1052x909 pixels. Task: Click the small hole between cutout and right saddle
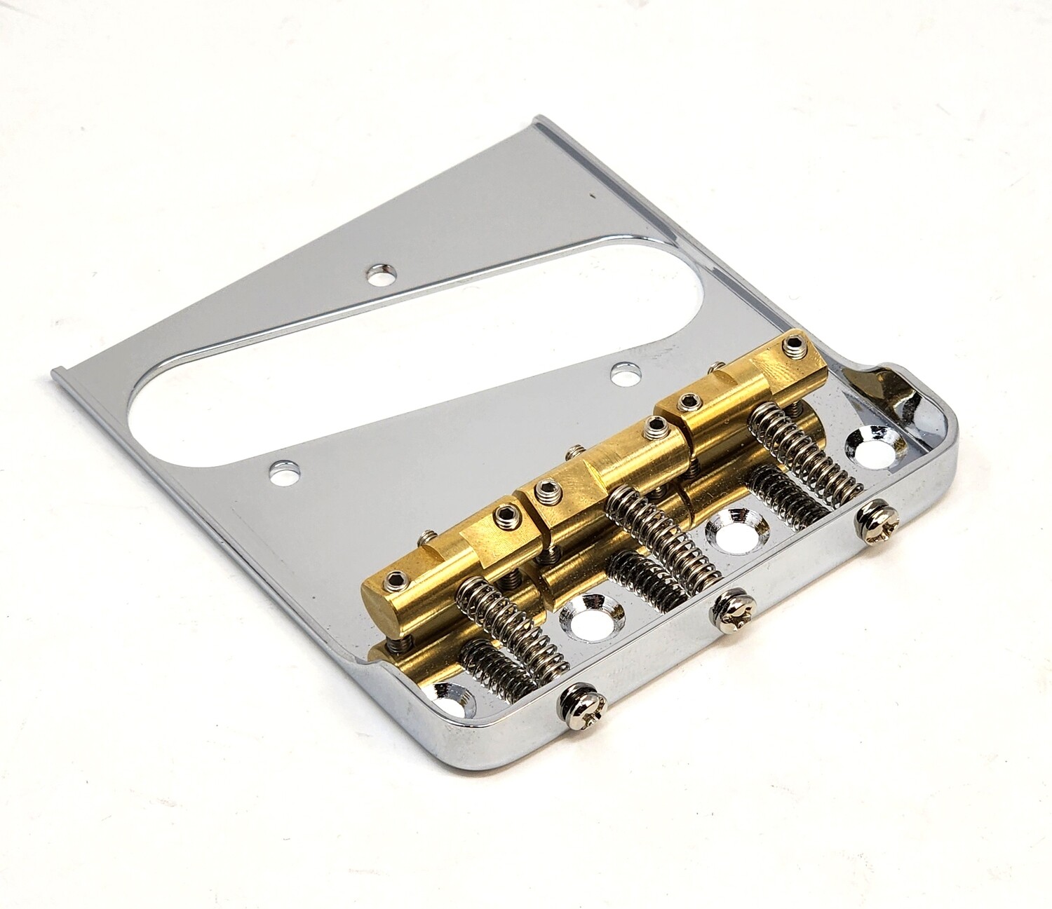621,374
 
